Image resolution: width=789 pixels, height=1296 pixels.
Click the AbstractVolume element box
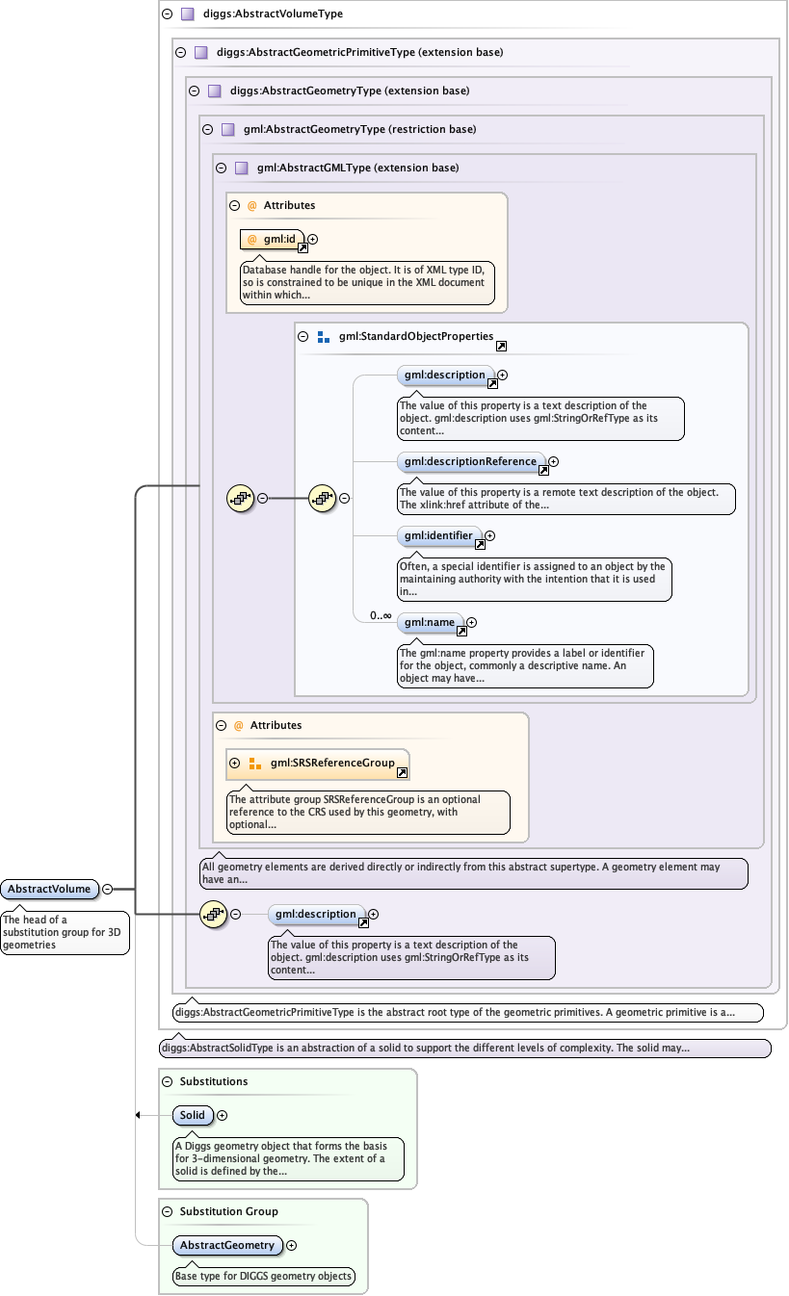click(x=50, y=889)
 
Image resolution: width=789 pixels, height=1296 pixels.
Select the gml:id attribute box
click(x=273, y=239)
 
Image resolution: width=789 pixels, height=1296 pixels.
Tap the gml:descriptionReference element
click(x=471, y=462)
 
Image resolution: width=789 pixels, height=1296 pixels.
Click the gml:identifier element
click(x=439, y=535)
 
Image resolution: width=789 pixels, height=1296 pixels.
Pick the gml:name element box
click(x=430, y=623)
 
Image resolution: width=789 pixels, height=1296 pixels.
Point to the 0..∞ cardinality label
click(x=380, y=616)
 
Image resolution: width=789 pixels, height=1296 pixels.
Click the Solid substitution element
click(x=193, y=1115)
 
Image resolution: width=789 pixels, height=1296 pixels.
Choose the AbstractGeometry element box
click(x=227, y=1245)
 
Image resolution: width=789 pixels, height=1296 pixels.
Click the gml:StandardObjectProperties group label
click(x=415, y=337)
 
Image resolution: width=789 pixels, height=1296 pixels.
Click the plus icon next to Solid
click(x=223, y=1115)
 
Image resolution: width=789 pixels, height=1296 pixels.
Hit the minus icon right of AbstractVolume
click(x=108, y=889)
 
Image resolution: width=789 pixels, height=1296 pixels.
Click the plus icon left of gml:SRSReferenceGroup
click(x=235, y=763)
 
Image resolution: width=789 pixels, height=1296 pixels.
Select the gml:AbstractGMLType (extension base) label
click(x=357, y=168)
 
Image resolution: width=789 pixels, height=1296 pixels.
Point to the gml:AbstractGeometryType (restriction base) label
click(x=359, y=129)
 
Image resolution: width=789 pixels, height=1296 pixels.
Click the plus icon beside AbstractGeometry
click(x=292, y=1245)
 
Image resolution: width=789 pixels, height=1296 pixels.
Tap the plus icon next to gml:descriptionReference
click(x=553, y=462)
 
